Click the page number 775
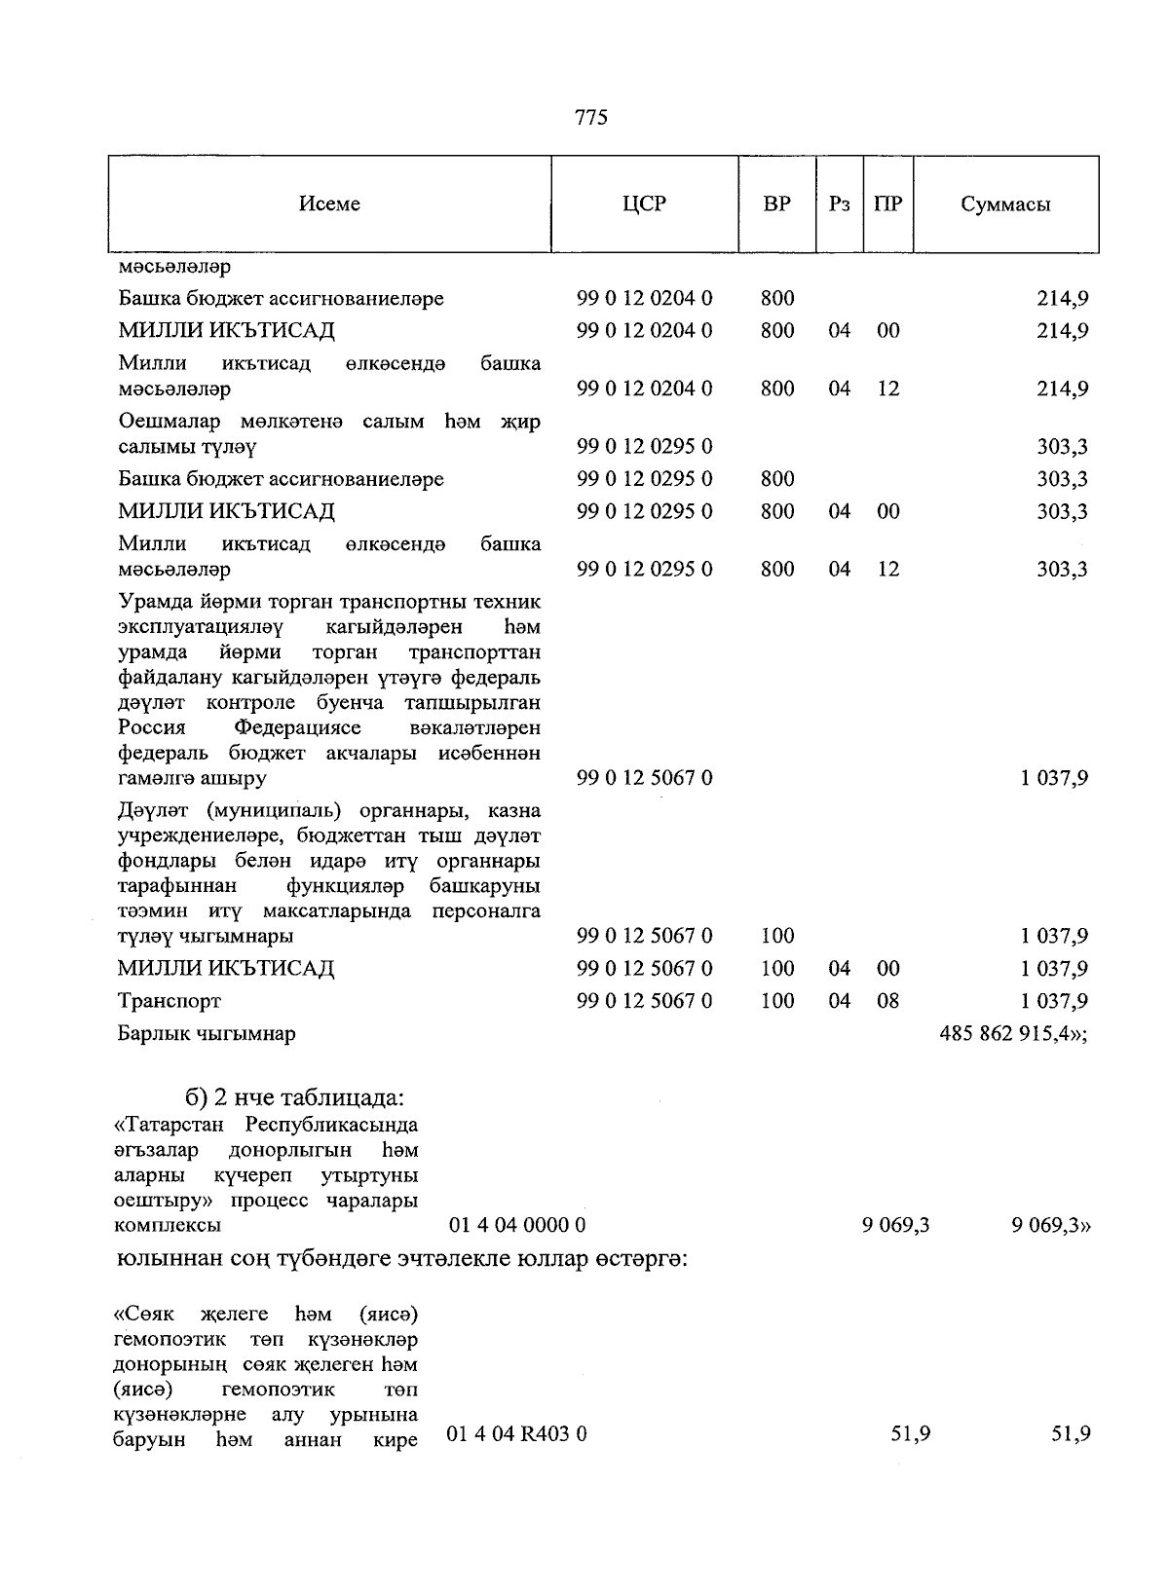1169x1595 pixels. pyautogui.click(x=591, y=118)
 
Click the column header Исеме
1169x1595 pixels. pyautogui.click(x=329, y=204)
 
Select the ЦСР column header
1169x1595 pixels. pyautogui.click(x=644, y=204)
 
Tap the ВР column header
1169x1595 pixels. pyautogui.click(x=776, y=204)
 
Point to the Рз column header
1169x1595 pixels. pyautogui.click(x=839, y=204)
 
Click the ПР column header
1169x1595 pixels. pyautogui.click(x=887, y=204)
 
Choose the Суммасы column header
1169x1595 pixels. pyautogui.click(x=1005, y=204)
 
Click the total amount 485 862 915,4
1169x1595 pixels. pyautogui.click(x=1012, y=1033)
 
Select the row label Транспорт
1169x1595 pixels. pyautogui.click(x=170, y=1001)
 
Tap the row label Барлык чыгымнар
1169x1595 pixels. pyautogui.click(x=207, y=1033)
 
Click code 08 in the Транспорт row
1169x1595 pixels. pyautogui.click(x=887, y=1001)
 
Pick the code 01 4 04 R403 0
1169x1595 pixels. pyautogui.click(x=516, y=1433)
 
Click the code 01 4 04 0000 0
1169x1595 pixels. pyautogui.click(x=516, y=1225)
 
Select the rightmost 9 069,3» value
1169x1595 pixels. pyautogui.click(x=1050, y=1225)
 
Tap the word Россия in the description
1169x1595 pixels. pyautogui.click(x=151, y=728)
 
